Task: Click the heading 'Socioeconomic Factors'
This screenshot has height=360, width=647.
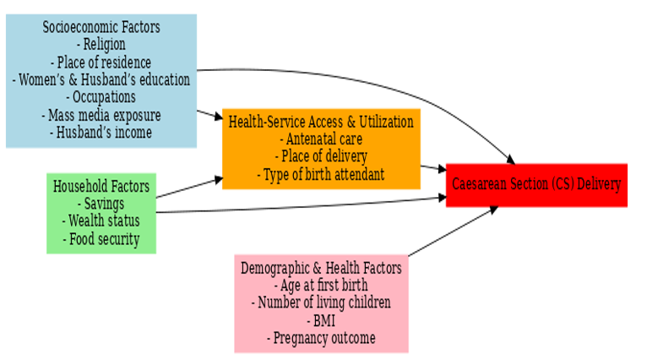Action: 101,27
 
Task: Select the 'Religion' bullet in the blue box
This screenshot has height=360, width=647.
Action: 101,45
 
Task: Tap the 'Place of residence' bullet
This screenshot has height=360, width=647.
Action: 101,63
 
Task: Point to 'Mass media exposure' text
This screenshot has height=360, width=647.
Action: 101,115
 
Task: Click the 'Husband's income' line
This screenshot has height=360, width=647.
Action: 101,133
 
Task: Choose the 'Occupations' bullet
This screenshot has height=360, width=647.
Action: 101,97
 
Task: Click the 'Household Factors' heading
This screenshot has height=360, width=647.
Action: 101,186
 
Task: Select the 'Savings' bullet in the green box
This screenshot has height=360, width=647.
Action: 101,204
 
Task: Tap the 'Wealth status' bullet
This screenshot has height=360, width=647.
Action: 101,221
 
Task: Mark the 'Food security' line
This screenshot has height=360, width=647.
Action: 101,239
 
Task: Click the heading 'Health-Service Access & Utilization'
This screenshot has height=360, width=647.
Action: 321,122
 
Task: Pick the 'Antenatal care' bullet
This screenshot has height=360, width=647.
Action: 321,139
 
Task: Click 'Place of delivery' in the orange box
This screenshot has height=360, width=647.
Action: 321,157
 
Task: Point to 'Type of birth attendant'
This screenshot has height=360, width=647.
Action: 321,175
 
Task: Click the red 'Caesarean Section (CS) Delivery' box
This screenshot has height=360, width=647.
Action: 536,184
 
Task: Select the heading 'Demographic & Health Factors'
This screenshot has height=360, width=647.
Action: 321,268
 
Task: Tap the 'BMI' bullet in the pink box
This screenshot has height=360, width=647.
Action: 321,321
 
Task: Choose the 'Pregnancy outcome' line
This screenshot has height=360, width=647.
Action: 321,339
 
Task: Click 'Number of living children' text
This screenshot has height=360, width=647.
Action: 321,303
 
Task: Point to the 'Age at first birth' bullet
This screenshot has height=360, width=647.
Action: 321,286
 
